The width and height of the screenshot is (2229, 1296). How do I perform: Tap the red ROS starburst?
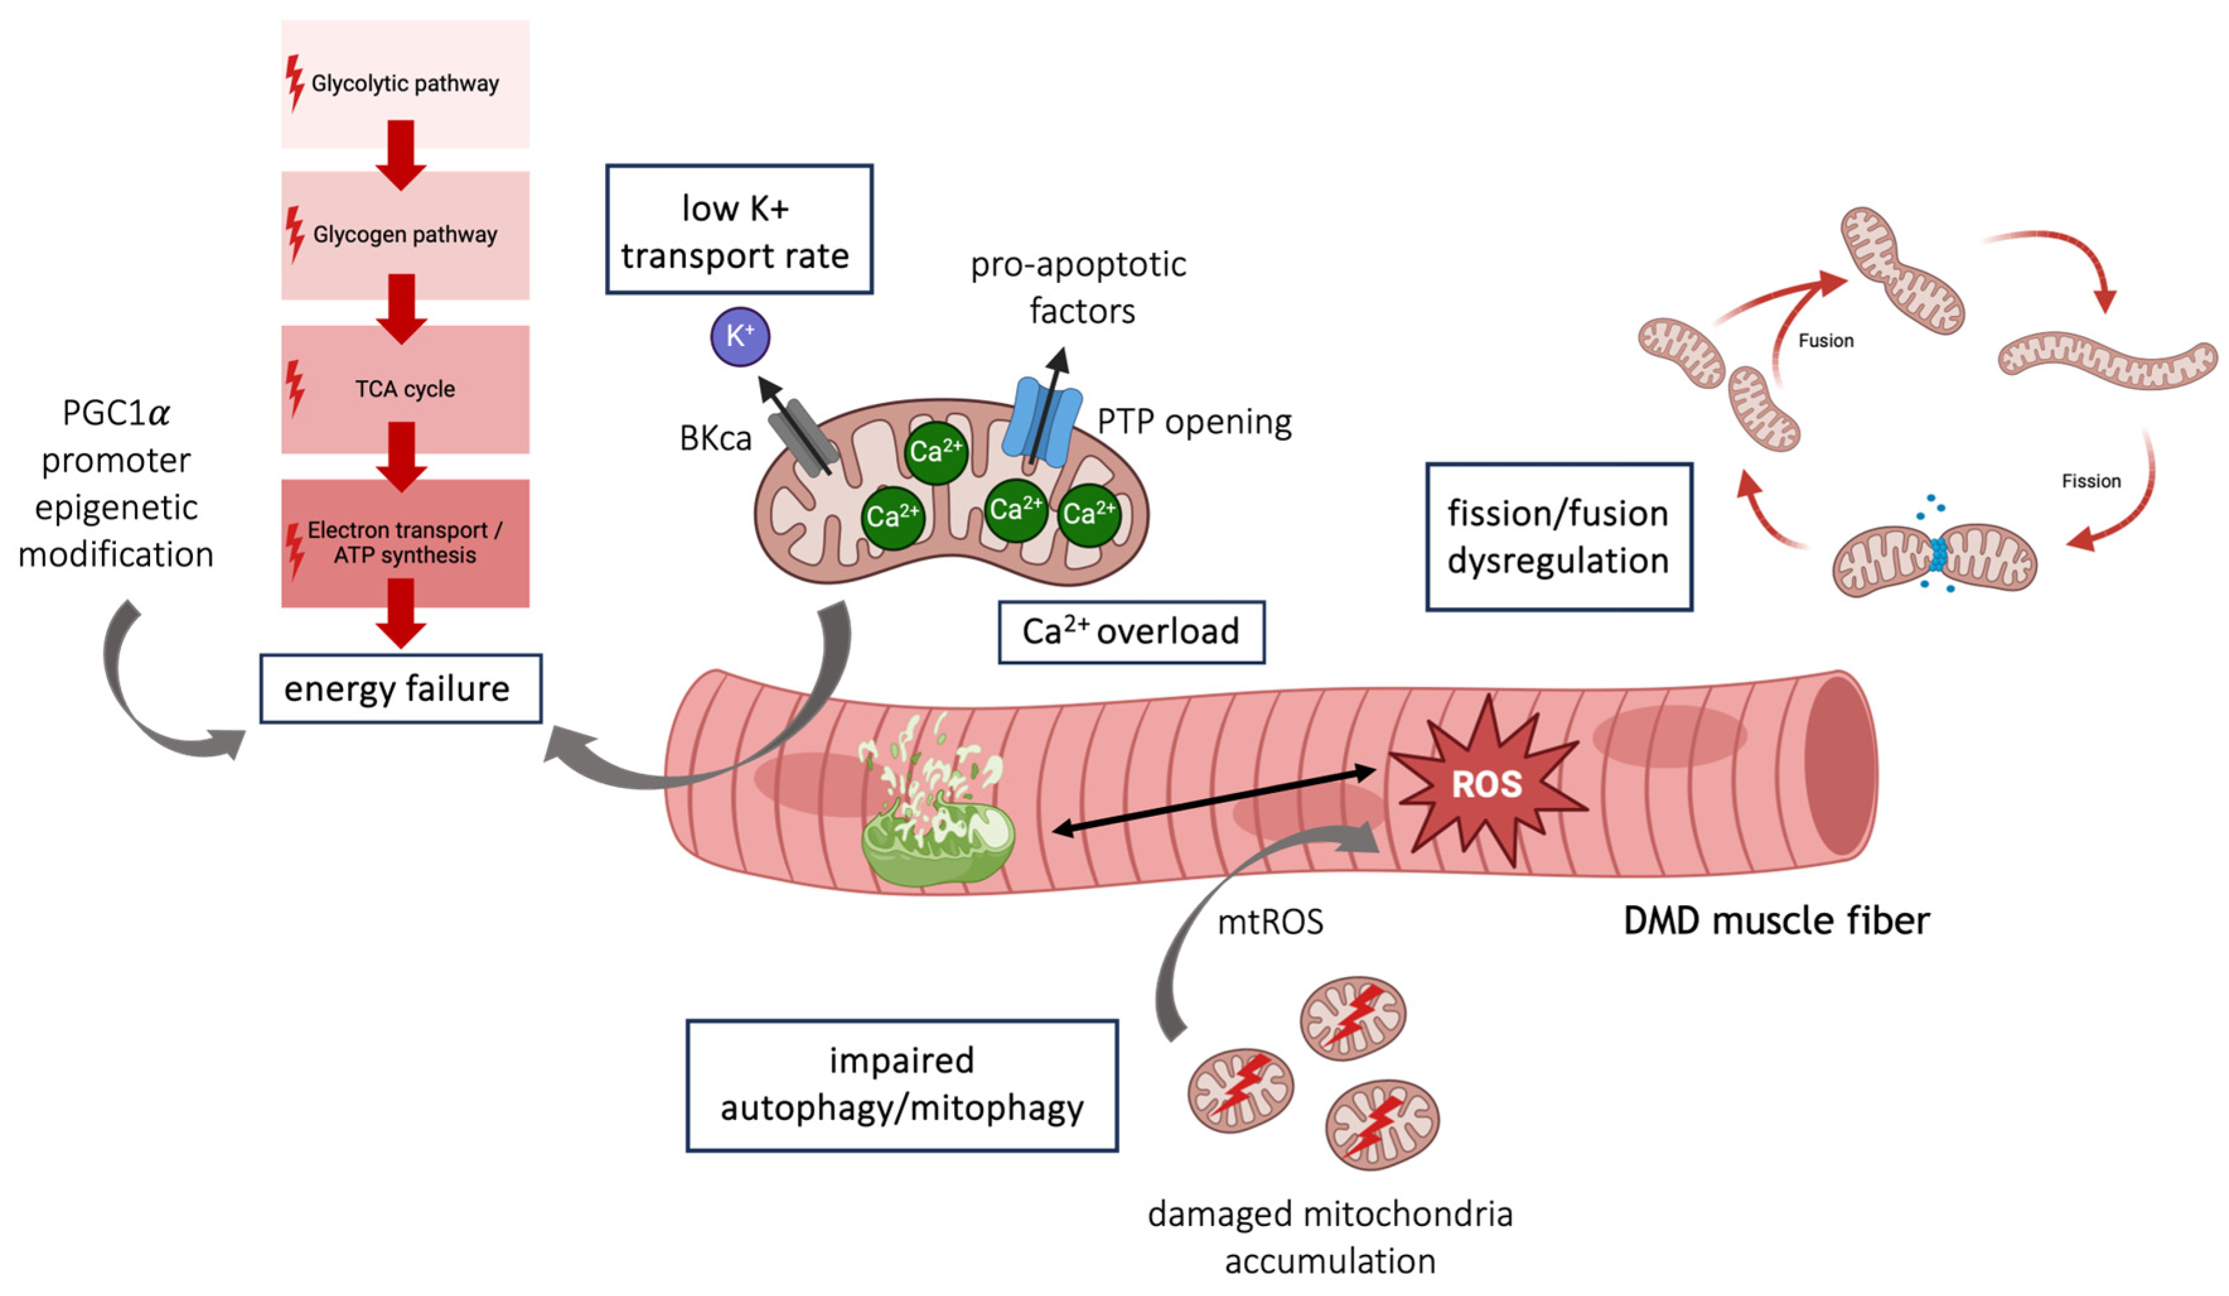pos(1487,783)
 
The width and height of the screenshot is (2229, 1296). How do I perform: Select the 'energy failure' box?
pos(400,688)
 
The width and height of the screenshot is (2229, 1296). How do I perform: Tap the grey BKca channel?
pos(802,436)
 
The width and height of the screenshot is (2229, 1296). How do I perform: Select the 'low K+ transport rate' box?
pos(739,230)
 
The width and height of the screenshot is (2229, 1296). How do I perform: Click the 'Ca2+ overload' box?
pos(1131,632)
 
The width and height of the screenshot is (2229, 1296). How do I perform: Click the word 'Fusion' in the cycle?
pos(1826,340)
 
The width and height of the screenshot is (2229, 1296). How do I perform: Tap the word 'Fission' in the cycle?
pos(2091,481)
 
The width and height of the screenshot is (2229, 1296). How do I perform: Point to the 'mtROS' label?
pos(1270,923)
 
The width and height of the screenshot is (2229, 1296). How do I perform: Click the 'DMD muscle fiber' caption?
pos(1776,921)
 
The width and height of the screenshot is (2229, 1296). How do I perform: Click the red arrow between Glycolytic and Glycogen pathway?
pos(401,156)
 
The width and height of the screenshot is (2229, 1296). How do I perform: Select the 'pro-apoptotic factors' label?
pos(1079,287)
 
